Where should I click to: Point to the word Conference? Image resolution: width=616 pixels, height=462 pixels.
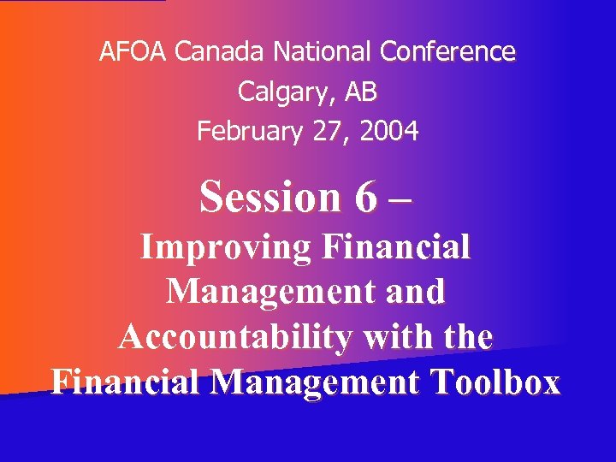[x=447, y=53]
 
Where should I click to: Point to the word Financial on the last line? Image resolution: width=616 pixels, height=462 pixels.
[x=126, y=382]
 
